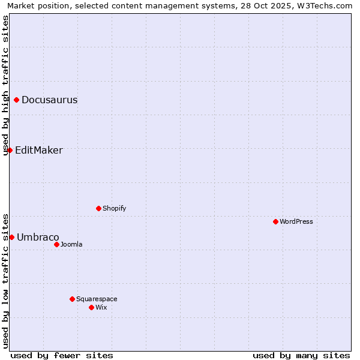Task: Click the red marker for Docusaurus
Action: (17, 100)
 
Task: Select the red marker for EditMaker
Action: (10, 150)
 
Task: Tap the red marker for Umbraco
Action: (11, 237)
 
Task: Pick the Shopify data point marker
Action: (98, 208)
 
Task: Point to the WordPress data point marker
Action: (275, 221)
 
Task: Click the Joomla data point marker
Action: (56, 244)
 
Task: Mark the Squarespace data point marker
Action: (72, 299)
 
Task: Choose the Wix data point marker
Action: (91, 307)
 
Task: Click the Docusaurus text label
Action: (49, 100)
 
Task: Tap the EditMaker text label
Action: (38, 151)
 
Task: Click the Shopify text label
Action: (114, 209)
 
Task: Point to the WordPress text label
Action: (296, 222)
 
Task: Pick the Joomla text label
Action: (71, 245)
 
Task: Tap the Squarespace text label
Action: (97, 299)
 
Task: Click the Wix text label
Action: (101, 308)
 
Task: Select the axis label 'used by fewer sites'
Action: (62, 355)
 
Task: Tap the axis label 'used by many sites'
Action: (301, 355)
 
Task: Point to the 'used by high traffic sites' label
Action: (5, 85)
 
